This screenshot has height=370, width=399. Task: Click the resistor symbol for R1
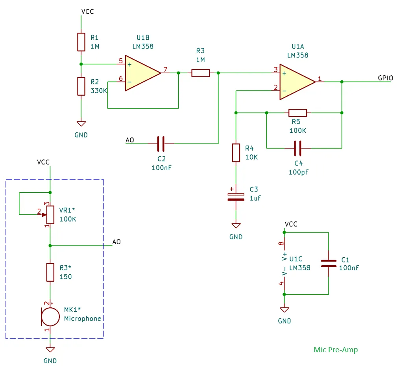coord(81,42)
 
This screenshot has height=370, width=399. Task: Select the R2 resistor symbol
coord(81,86)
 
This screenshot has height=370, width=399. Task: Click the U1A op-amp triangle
coord(296,82)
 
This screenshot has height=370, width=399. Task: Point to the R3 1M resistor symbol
coord(201,73)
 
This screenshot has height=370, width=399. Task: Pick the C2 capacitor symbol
coord(161,144)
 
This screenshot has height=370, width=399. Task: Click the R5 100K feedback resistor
coord(297,113)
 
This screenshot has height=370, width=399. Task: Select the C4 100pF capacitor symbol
coord(297,148)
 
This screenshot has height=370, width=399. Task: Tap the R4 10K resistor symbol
coord(236,153)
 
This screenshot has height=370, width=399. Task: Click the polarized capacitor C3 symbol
coord(236,197)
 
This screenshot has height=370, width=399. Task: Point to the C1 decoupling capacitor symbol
coord(328,263)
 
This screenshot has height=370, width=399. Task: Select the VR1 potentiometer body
coord(50,214)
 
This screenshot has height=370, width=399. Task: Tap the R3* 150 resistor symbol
coord(50,272)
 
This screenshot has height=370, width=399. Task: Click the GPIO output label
coord(385,78)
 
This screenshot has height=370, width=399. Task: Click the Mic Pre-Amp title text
coord(336,350)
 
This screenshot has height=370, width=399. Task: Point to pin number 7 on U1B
coord(165,70)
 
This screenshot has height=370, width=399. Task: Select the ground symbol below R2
coord(81,123)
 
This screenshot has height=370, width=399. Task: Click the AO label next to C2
coord(129,140)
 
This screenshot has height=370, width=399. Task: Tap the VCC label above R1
coord(87,11)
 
